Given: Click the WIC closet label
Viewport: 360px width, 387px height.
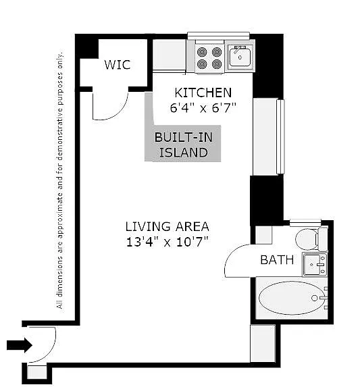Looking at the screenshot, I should pyautogui.click(x=117, y=65).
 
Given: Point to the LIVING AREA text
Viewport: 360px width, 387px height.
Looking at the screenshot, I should pyautogui.click(x=167, y=226).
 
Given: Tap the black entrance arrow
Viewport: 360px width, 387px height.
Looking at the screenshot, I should pyautogui.click(x=19, y=346).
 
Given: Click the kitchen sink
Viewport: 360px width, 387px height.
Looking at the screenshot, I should pyautogui.click(x=240, y=55).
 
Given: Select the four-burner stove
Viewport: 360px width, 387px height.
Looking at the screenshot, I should pyautogui.click(x=209, y=57).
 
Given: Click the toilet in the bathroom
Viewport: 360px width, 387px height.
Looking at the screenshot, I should pyautogui.click(x=310, y=239).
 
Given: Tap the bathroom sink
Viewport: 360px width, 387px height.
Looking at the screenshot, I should pyautogui.click(x=314, y=264).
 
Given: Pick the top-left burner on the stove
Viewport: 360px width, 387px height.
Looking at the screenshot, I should pyautogui.click(x=202, y=51).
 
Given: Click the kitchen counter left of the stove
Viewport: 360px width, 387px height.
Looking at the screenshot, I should pyautogui.click(x=169, y=55).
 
